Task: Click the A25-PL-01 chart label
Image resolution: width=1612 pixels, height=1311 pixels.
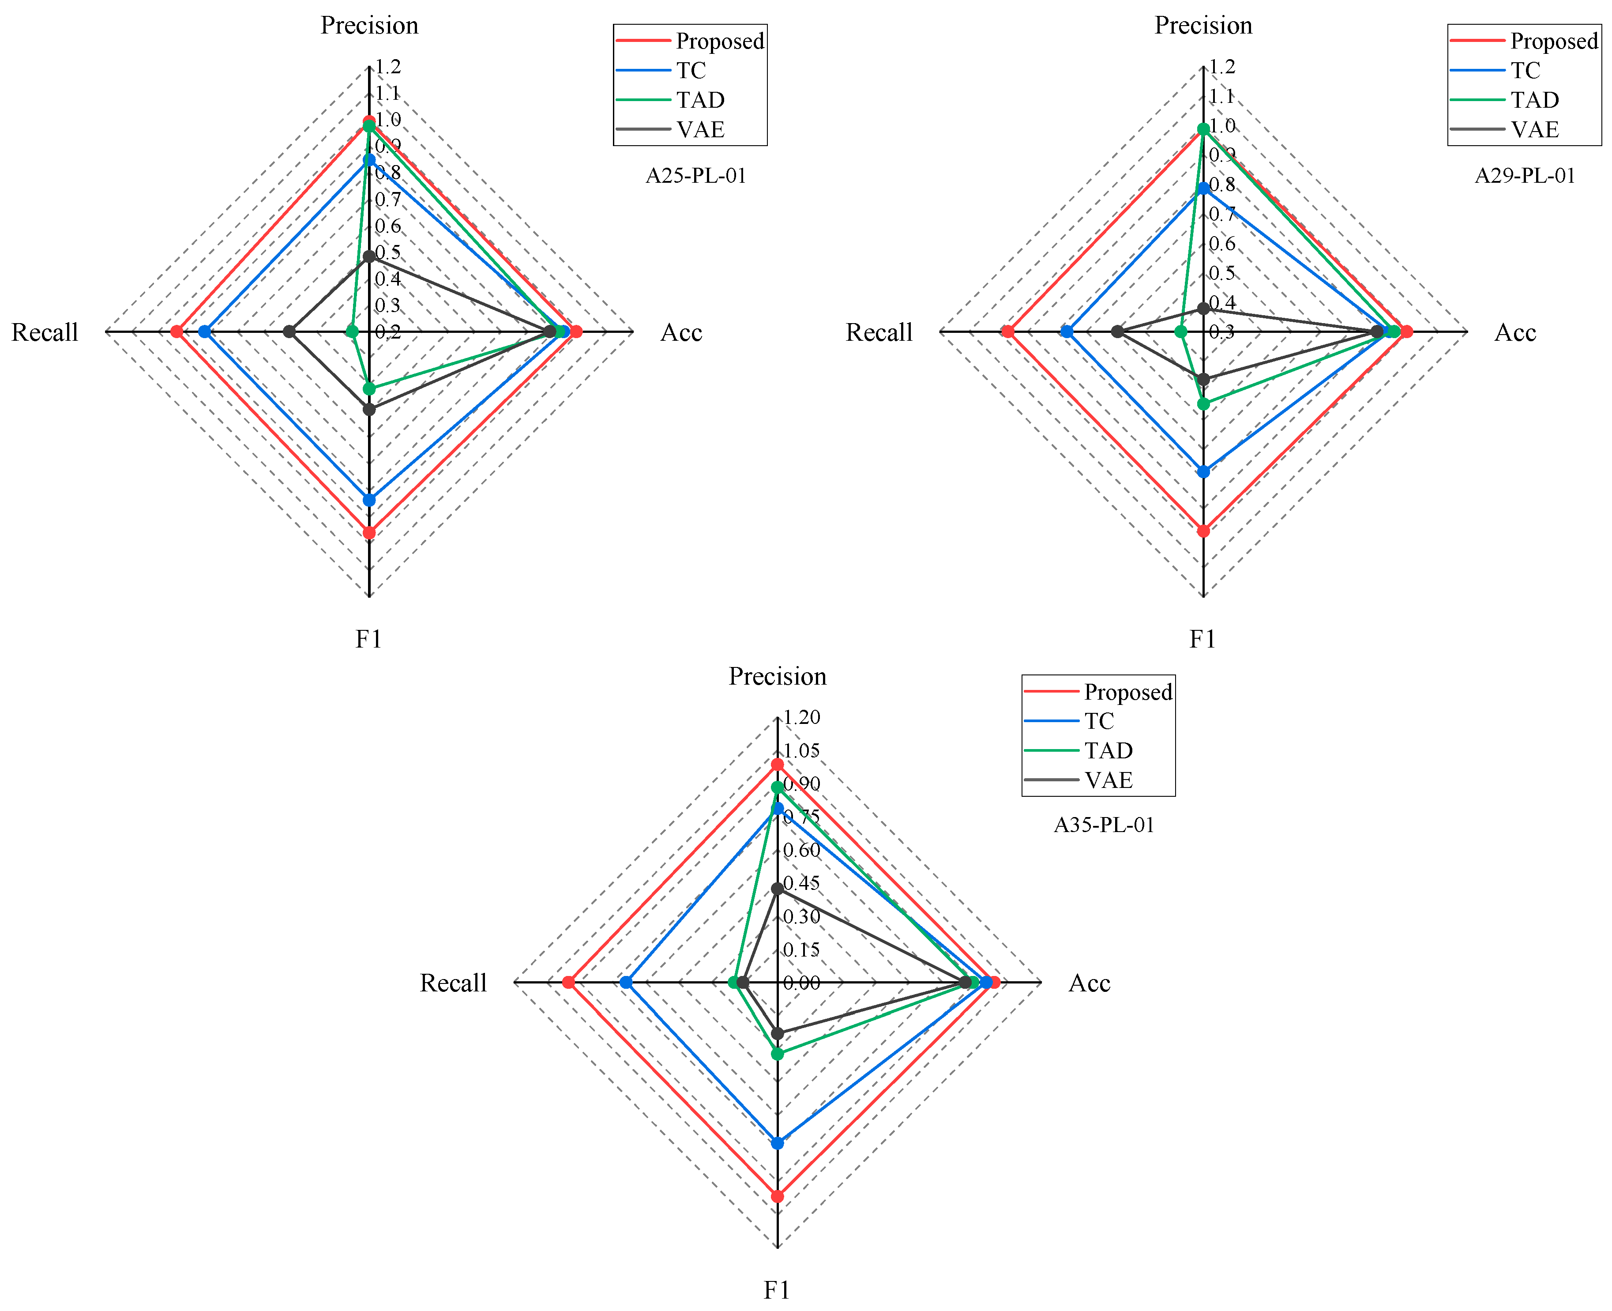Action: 695,176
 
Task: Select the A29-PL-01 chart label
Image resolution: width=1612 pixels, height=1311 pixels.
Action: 1525,176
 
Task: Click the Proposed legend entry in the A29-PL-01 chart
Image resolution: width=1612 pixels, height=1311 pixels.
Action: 1554,41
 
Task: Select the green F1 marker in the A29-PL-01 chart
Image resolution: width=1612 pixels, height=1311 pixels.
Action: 1203,404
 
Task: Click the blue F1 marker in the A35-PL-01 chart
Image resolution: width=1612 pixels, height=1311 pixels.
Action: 778,1142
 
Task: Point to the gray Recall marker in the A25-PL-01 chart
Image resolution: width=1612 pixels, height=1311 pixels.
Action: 289,332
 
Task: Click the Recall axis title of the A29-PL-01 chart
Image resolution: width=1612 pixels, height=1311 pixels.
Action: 879,332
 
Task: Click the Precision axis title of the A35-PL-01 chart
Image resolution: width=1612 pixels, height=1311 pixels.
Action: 778,676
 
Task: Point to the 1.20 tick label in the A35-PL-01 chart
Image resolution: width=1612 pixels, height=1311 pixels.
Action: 801,717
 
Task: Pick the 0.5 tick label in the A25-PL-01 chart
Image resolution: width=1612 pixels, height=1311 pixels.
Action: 388,252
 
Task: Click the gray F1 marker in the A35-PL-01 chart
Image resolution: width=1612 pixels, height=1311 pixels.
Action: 778,1032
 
